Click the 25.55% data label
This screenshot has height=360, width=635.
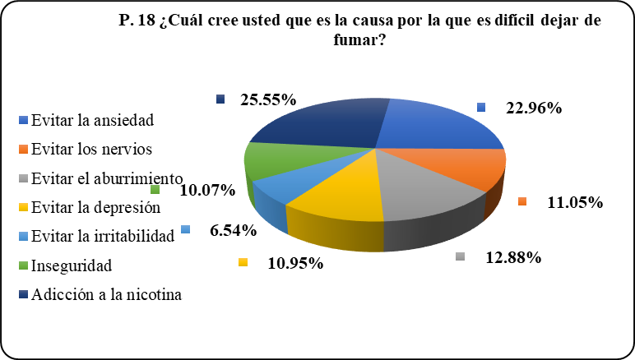coord(268,100)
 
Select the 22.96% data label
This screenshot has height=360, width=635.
coord(532,108)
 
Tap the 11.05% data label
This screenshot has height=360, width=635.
coord(573,202)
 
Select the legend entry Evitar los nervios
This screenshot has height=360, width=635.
coord(92,149)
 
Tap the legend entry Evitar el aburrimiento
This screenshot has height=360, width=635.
coord(105,178)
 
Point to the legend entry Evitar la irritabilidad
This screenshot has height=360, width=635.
coord(104,237)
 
